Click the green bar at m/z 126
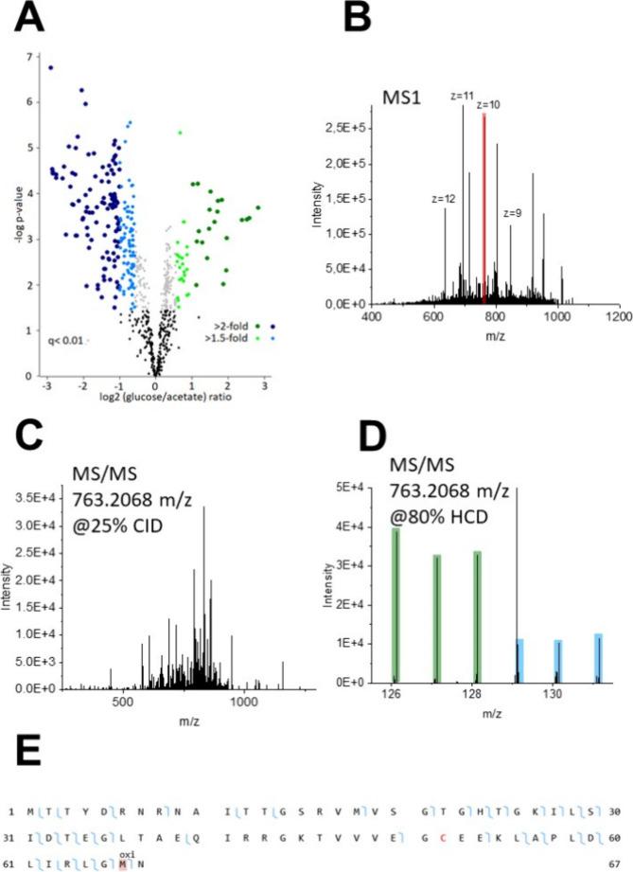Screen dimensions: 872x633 (x=395, y=604)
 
